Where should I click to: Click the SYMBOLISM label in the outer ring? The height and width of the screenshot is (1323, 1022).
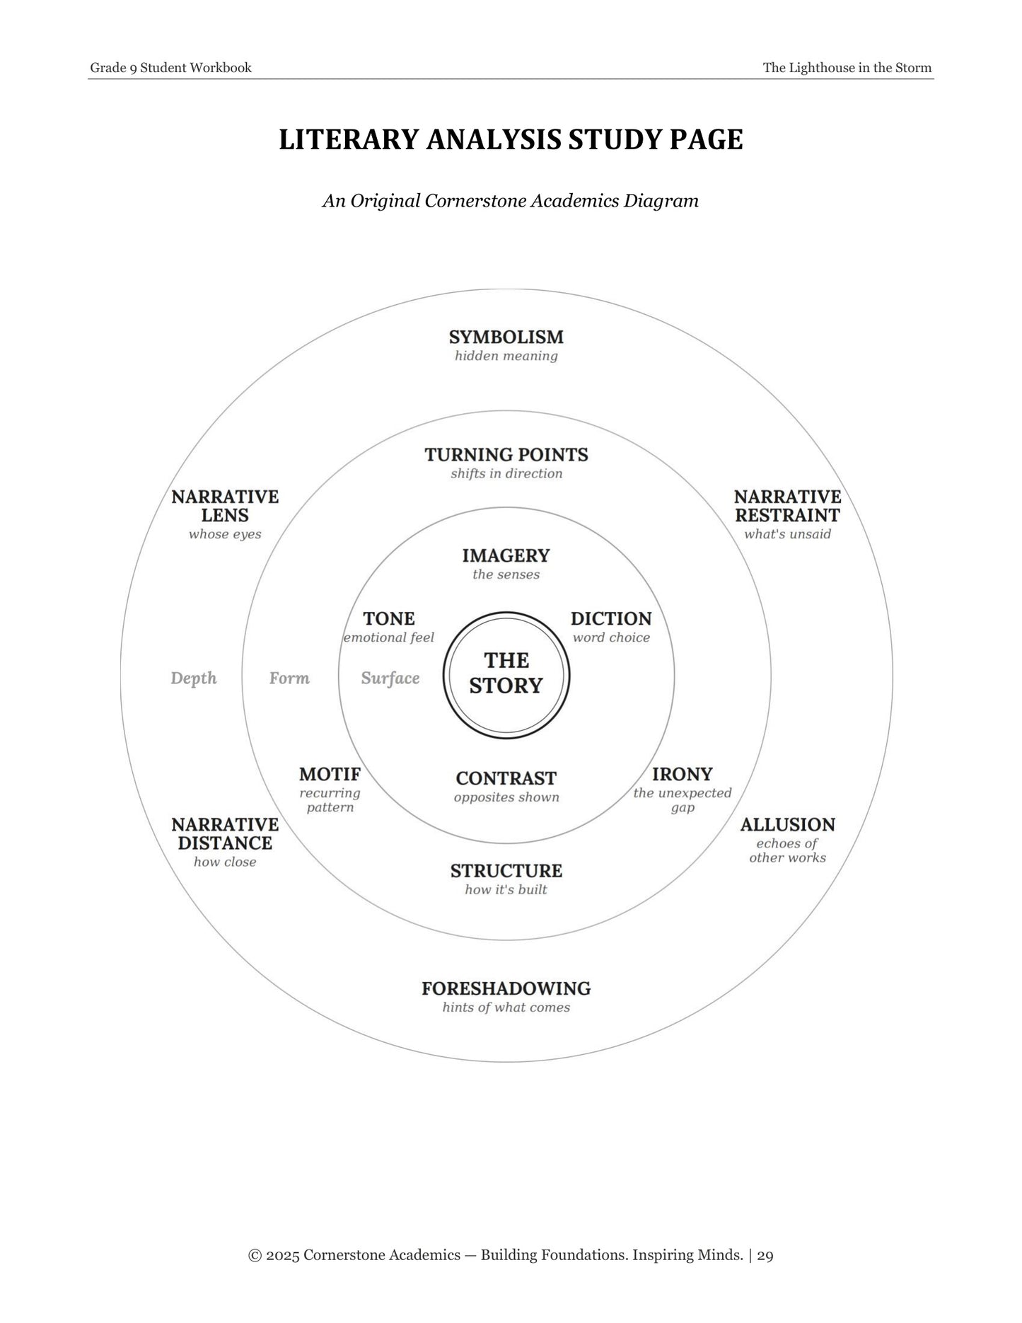click(x=506, y=337)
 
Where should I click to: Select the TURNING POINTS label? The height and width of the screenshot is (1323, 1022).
click(x=506, y=454)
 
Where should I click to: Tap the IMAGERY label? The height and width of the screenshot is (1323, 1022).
click(x=506, y=555)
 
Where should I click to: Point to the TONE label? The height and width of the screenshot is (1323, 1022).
click(x=389, y=619)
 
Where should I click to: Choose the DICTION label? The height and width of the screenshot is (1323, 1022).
click(x=611, y=619)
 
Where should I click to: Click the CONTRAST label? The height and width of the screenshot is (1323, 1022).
click(x=506, y=778)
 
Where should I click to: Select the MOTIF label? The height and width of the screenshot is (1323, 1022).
click(x=330, y=774)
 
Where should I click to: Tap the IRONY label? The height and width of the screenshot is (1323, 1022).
click(x=683, y=774)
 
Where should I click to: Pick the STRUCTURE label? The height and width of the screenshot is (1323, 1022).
click(x=506, y=871)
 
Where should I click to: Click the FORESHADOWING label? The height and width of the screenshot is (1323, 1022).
click(x=506, y=988)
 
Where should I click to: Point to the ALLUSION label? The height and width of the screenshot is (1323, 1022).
click(x=788, y=825)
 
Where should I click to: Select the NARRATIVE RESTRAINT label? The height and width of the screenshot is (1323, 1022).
click(x=788, y=506)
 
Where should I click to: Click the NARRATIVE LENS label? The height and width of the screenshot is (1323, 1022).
click(x=225, y=506)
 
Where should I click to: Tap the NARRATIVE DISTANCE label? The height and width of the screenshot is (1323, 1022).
click(x=225, y=833)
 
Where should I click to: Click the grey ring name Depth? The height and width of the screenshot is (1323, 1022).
click(x=194, y=678)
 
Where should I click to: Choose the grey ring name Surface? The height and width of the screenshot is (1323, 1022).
click(x=390, y=678)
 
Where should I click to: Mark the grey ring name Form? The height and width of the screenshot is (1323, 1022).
click(x=289, y=678)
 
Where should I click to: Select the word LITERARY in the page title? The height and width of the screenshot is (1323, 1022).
click(x=349, y=139)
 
